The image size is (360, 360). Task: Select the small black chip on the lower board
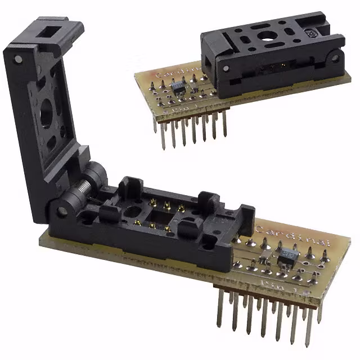(287, 256)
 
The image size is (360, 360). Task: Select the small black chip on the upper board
(179, 87)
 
